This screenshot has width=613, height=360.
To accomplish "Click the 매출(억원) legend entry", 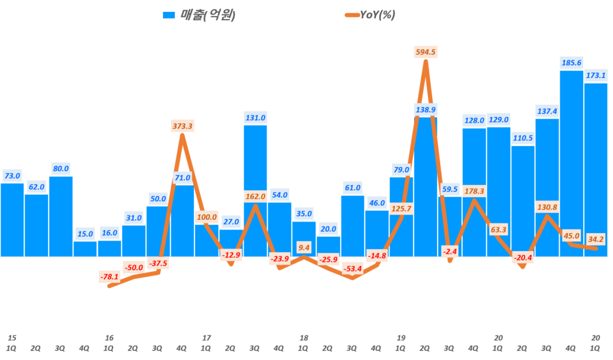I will (200, 15).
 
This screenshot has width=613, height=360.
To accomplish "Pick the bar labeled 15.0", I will (85, 249).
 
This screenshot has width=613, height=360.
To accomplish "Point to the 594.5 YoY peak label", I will (426, 52).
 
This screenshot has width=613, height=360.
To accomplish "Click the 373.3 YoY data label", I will (182, 126).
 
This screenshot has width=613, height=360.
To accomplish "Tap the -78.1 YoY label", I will (110, 276).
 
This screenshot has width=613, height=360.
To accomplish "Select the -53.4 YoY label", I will (352, 268).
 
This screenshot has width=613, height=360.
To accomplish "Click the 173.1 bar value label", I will (596, 75).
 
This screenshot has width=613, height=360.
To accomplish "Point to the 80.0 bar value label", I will (60, 168).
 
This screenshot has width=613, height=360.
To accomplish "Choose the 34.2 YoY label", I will (596, 240).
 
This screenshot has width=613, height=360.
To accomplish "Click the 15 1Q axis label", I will (12, 343).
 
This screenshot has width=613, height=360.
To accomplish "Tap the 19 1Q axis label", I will (400, 343).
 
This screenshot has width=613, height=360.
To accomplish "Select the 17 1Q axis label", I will (207, 343).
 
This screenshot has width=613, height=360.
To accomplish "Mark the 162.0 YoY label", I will (255, 196).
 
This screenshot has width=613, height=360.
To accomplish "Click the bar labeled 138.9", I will (426, 186).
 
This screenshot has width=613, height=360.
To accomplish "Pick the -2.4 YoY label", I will (450, 252).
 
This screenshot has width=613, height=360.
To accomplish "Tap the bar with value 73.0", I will (12, 219).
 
